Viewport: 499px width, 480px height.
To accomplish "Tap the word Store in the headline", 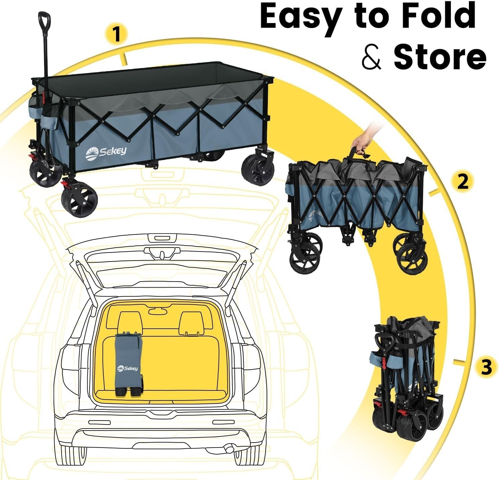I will (x=439, y=57).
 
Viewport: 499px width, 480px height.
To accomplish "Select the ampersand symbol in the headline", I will (x=371, y=57).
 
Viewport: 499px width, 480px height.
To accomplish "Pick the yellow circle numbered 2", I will (x=463, y=182).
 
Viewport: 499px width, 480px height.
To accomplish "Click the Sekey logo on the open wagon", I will (x=106, y=152).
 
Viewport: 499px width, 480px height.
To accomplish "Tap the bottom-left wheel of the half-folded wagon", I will (x=305, y=260).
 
